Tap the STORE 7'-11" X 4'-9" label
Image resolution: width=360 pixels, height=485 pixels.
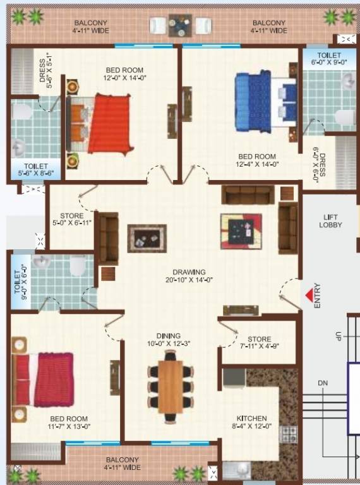[259, 343]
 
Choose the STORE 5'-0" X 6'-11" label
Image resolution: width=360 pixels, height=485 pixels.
[72, 220]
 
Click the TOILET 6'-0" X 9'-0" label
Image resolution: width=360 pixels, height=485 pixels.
[329, 59]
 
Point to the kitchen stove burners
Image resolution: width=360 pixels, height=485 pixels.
[289, 434]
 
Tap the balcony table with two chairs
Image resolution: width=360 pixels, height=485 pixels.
[179, 26]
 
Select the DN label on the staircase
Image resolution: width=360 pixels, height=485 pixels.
[323, 383]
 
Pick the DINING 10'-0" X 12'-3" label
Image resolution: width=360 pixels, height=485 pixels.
[169, 340]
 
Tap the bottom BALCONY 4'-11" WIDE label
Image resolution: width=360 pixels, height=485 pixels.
[123, 464]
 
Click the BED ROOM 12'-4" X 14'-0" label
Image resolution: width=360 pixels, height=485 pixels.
[257, 160]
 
